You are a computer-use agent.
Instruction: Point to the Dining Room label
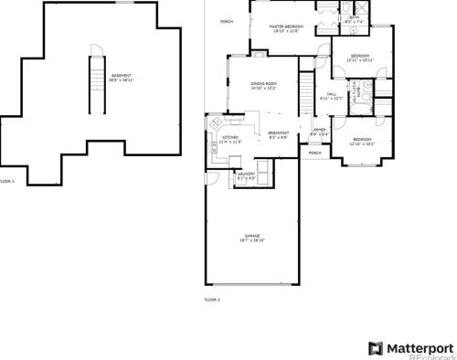264,86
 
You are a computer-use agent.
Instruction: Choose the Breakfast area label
279,135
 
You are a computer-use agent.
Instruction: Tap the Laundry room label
245,175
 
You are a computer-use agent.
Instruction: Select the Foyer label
319,132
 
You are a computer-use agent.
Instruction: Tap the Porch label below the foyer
314,153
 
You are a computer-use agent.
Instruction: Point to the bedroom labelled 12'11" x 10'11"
360,58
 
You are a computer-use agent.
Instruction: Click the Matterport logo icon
374,348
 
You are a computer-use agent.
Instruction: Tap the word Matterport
419,348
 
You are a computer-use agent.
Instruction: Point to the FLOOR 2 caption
212,299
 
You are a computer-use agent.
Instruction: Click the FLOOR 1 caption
7,181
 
